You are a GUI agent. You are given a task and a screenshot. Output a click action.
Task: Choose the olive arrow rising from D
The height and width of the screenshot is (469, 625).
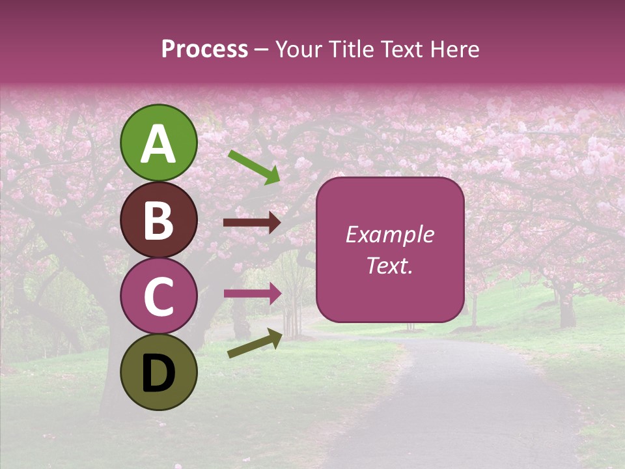pos(255,343)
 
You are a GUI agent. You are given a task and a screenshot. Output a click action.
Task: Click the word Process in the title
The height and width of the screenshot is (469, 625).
pos(204,50)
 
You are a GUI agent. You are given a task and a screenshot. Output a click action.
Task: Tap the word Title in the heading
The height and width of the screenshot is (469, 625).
pos(350,50)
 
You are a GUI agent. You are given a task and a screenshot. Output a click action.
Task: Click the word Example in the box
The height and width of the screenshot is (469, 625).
pos(389,234)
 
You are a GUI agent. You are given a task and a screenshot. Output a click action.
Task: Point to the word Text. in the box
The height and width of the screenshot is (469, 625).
pos(389,265)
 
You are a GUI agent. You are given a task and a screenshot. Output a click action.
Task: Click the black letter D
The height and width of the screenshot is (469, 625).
pos(159,373)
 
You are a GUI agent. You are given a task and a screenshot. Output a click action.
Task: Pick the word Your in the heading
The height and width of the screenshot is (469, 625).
pos(299,50)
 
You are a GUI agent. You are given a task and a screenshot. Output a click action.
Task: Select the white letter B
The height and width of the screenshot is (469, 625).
pos(159,221)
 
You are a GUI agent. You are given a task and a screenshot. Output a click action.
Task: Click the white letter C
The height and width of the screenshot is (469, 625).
pos(159,296)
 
